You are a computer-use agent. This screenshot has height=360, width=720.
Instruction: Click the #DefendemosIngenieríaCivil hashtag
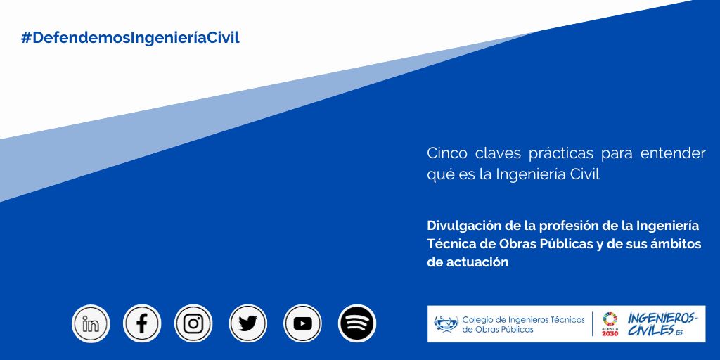click(130, 38)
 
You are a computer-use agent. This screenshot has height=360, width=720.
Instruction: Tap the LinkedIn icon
click(91, 323)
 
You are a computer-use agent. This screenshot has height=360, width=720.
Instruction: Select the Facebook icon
click(142, 323)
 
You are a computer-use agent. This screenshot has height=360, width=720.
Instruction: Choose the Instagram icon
click(193, 323)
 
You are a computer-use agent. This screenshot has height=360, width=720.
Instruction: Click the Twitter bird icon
click(248, 323)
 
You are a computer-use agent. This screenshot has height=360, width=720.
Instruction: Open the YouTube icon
click(302, 323)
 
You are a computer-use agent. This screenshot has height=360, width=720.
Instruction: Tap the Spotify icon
click(357, 323)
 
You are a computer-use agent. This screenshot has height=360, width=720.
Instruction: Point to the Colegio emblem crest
click(446, 323)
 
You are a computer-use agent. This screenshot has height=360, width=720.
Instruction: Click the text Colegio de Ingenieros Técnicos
click(523, 319)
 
